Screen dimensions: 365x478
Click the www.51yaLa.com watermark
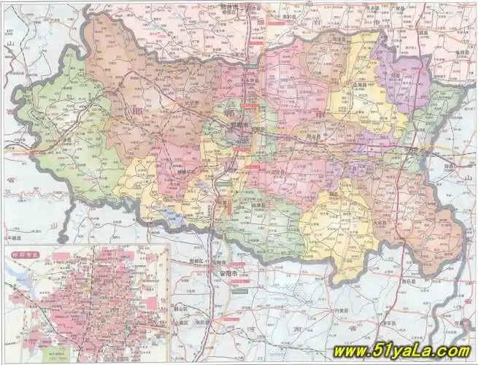[x=401, y=352]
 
